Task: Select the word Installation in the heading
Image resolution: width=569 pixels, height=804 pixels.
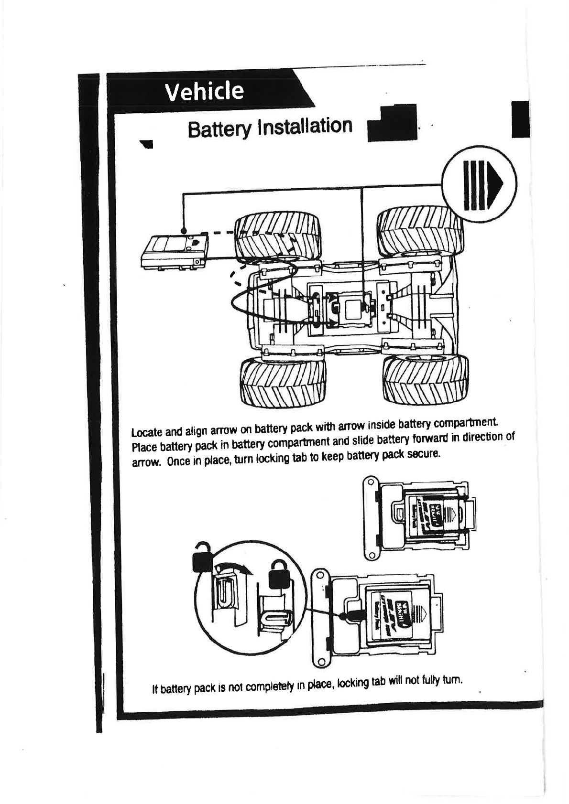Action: coord(304,126)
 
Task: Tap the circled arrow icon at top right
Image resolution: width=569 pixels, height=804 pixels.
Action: coord(479,185)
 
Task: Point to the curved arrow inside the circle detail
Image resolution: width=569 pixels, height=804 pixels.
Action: coord(233,568)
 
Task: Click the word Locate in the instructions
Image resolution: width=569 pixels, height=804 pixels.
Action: coord(147,432)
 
